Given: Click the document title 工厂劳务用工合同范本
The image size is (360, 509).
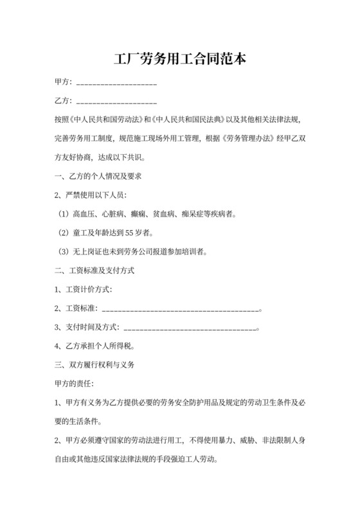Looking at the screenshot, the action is point(180,60).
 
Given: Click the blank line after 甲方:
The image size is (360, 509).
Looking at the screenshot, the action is point(116,84).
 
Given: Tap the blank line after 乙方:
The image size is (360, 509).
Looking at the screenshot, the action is point(116,102).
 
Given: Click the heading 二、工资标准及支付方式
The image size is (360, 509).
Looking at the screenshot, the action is point(94,271).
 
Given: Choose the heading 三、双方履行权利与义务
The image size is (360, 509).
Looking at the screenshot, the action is point(94,365).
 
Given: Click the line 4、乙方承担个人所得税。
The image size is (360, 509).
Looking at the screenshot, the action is point(94,346).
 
